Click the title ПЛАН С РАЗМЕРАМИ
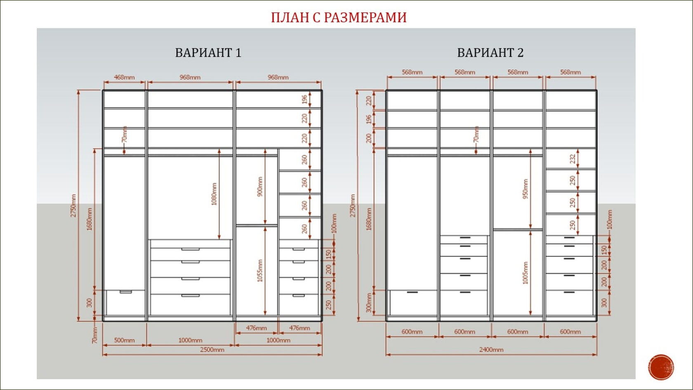[339, 17]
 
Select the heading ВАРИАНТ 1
[208, 53]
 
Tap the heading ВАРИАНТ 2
[490, 53]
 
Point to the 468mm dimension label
[124, 77]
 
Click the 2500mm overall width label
[212, 350]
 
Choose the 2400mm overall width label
[491, 350]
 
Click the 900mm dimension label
[260, 187]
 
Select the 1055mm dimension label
[260, 271]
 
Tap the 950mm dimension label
[525, 189]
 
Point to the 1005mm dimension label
[525, 272]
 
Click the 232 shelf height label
[573, 159]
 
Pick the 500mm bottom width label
[124, 340]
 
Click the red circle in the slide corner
[661, 367]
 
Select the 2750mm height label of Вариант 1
[73, 206]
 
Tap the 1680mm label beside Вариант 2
[369, 219]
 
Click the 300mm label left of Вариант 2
[369, 303]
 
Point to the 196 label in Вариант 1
[304, 99]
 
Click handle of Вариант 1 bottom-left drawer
[126, 292]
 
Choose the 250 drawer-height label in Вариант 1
[328, 305]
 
